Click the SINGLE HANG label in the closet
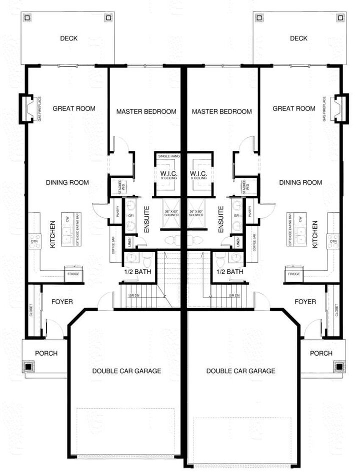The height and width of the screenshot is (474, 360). tap(168, 156)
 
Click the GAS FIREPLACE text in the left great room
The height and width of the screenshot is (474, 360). tap(39, 109)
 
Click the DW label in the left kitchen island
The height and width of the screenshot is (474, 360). tap(66, 219)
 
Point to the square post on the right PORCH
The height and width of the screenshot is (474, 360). tap(339, 366)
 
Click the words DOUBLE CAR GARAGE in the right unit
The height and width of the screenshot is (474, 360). tap(241, 371)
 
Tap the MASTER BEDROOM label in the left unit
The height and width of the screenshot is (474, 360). tap(146, 111)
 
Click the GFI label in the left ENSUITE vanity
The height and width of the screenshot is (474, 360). tap(130, 215)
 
